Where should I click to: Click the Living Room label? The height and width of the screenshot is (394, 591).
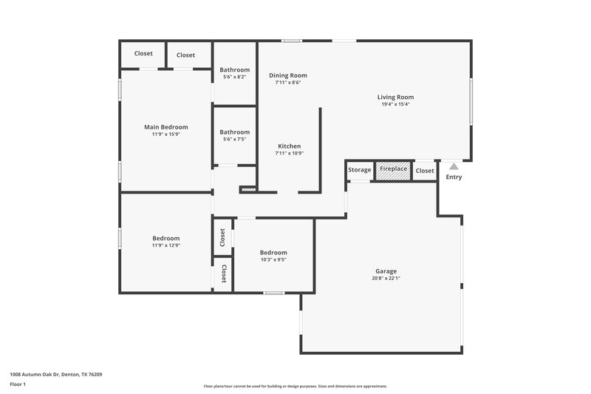[x=395, y=97]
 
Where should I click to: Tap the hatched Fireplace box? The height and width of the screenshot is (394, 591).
[x=393, y=169]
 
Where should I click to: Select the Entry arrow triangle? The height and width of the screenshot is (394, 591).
[x=454, y=166]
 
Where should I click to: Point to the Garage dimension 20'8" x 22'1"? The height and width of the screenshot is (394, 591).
[x=386, y=279]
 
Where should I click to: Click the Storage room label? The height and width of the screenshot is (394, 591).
[x=360, y=170]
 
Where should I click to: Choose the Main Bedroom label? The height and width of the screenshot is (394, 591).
[x=165, y=127]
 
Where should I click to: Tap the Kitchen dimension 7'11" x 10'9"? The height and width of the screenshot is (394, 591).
[x=290, y=153]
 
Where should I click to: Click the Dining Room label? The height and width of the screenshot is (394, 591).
[x=287, y=75]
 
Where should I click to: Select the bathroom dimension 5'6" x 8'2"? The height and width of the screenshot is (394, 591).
[x=234, y=77]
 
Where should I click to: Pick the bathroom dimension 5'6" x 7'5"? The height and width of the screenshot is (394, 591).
[x=234, y=139]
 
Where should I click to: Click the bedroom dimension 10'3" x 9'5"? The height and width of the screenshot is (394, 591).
[x=273, y=259]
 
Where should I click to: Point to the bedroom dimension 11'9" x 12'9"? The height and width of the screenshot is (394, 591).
[x=166, y=245]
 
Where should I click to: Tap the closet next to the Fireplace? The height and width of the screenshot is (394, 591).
[x=425, y=171]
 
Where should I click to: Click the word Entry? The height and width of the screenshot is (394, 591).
[x=454, y=177]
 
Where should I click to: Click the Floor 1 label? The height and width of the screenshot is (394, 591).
[x=18, y=385]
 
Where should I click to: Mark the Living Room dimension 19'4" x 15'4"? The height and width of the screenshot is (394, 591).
[x=395, y=104]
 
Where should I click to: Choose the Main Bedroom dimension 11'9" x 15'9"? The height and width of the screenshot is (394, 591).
[x=165, y=135]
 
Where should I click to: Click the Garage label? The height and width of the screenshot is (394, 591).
[x=386, y=271]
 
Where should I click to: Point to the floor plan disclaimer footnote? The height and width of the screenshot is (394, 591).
[x=295, y=386]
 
